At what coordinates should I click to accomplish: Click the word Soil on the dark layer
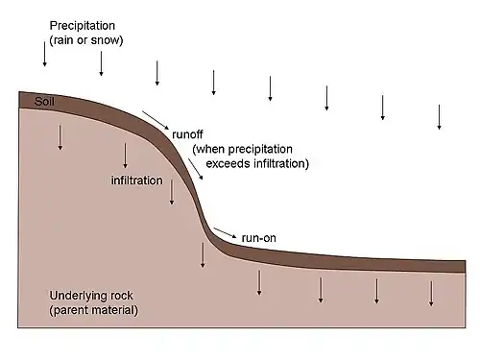tap(44, 102)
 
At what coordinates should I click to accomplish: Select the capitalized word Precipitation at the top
tap(83, 26)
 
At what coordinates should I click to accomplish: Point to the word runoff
tap(187, 134)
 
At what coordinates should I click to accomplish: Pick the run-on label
tap(259, 238)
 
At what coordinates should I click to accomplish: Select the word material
tap(111, 310)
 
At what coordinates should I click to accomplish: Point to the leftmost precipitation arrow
tap(45, 54)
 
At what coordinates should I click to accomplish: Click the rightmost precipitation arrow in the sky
tap(440, 117)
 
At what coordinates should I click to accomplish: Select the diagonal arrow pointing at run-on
tap(225, 233)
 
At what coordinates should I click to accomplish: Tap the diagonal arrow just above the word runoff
tap(156, 120)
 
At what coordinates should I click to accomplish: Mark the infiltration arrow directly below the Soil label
tap(60, 137)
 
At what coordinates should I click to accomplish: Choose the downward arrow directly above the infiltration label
tap(125, 156)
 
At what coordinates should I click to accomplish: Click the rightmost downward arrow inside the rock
tap(431, 294)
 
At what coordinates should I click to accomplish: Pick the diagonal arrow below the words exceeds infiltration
tap(196, 169)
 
